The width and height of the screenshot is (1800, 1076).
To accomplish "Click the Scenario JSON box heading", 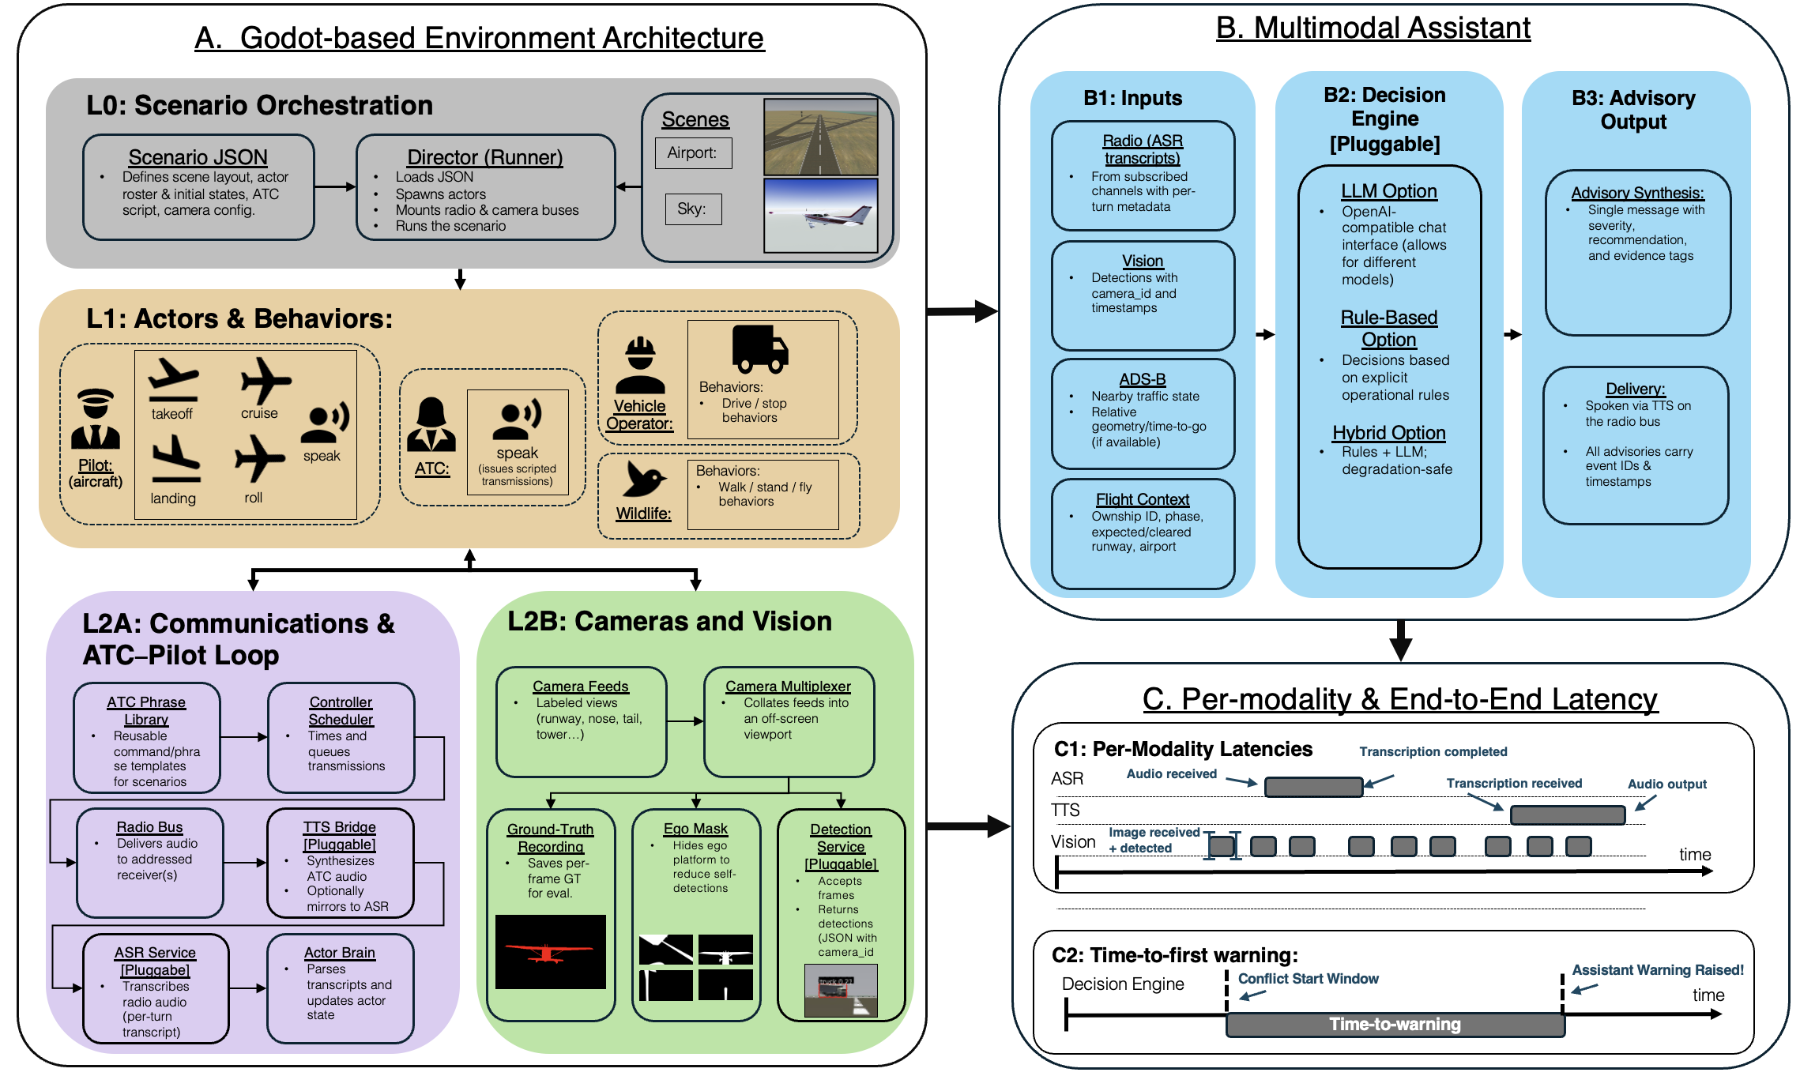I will (x=198, y=157).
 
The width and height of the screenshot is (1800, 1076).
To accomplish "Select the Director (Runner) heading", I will (x=484, y=157).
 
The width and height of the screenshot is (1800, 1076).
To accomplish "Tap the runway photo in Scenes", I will (x=820, y=136).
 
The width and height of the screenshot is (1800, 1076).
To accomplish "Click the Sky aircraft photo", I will (x=820, y=215).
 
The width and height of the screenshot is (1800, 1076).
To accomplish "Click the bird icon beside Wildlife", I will (x=644, y=479).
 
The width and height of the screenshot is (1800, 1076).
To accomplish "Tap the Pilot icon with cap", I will (x=96, y=419).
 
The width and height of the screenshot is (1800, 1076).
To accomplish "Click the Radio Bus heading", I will (x=149, y=827).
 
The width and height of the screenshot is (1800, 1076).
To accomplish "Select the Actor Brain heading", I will (x=340, y=953).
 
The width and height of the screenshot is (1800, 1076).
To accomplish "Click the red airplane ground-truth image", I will (x=550, y=952).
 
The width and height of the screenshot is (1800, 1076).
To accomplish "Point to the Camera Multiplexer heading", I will (x=788, y=687).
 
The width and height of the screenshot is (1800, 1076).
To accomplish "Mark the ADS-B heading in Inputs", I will (x=1143, y=379).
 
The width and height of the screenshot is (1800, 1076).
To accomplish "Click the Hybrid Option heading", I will (x=1388, y=433).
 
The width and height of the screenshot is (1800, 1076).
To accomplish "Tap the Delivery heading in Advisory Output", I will (x=1635, y=389).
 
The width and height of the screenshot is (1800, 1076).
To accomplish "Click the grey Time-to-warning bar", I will (x=1395, y=1025).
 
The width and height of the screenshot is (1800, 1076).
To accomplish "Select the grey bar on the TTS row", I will (x=1567, y=815).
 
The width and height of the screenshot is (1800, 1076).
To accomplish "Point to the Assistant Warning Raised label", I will (x=1657, y=970).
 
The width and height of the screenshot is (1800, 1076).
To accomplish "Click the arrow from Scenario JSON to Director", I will (x=335, y=187).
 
